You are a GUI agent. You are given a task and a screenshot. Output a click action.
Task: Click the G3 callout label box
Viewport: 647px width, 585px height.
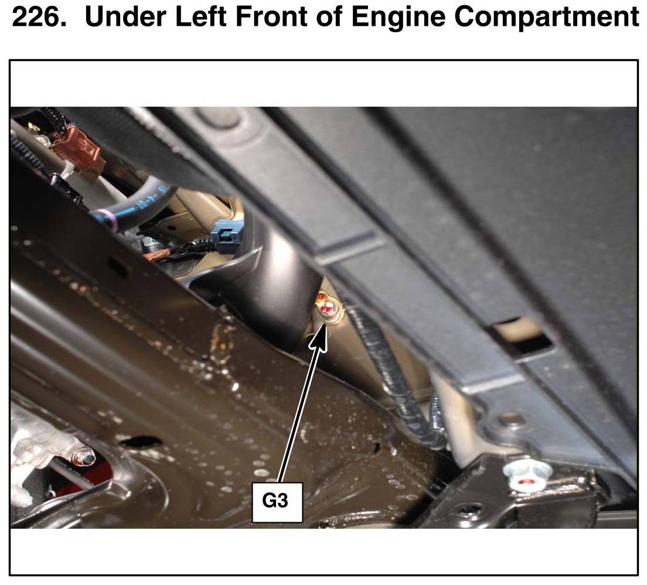click(x=277, y=502)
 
